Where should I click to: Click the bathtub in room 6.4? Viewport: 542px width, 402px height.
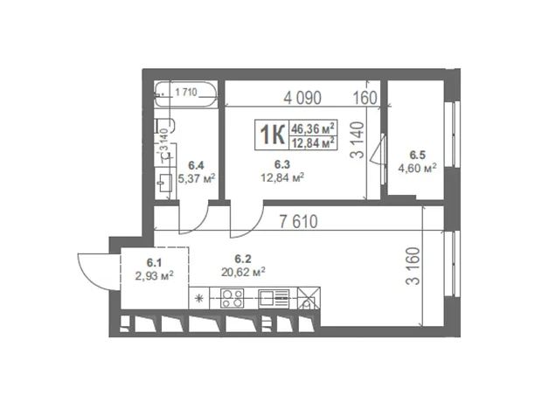(186, 94)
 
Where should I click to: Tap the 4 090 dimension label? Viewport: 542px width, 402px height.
(302, 98)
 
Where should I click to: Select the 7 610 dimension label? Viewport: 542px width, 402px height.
(298, 222)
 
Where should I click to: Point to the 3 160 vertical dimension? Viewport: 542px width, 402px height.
(413, 266)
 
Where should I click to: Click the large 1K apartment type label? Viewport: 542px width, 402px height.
(272, 135)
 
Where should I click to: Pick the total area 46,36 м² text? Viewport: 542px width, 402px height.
(313, 128)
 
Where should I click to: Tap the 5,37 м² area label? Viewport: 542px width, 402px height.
(197, 178)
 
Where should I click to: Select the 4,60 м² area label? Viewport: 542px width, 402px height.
(417, 169)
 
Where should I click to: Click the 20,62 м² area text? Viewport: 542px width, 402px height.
(243, 272)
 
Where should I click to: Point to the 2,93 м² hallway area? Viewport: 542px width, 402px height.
(155, 276)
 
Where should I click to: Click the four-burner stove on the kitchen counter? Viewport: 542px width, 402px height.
(233, 298)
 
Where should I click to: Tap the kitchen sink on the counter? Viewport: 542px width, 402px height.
(274, 298)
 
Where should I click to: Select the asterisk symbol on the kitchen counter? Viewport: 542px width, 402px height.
(199, 298)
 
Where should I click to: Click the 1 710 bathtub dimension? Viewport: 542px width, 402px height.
(186, 93)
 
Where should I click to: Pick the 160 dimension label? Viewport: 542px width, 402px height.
(365, 98)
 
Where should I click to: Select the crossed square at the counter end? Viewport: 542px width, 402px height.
(309, 298)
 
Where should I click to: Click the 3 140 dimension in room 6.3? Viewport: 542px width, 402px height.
(358, 140)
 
